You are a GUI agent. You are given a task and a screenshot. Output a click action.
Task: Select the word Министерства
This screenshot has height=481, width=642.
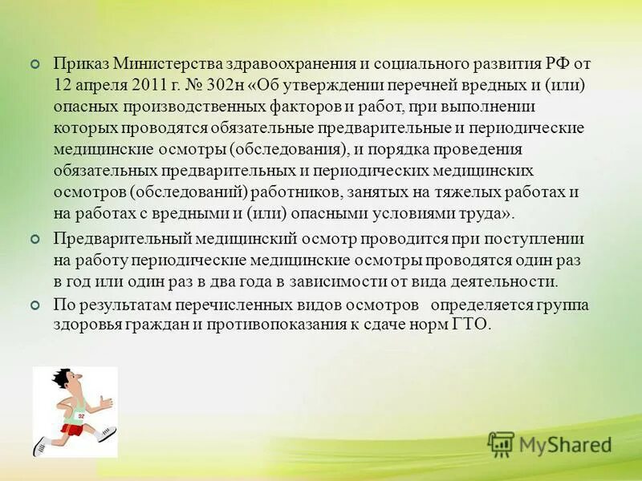tap(164, 63)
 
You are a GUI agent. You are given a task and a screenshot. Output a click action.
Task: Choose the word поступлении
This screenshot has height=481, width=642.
tap(538, 239)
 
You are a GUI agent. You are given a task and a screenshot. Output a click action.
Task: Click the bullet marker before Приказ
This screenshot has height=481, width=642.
tap(34, 64)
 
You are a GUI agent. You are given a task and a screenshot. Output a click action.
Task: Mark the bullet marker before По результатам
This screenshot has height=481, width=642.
tap(34, 306)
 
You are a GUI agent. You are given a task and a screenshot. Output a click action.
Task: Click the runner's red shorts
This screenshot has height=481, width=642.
tap(73, 430)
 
